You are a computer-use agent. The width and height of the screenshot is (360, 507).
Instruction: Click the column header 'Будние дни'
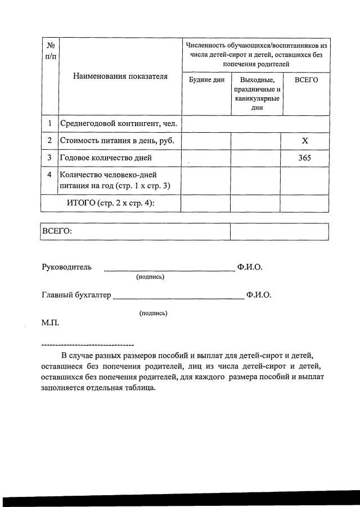[x=206, y=80]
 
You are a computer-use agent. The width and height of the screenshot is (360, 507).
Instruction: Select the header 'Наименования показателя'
[x=120, y=77]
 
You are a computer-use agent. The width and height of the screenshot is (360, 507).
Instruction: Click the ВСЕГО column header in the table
[x=306, y=80]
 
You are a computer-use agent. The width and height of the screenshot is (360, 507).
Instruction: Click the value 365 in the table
[x=305, y=158]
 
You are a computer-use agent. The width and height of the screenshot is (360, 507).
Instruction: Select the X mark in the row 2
[x=305, y=141]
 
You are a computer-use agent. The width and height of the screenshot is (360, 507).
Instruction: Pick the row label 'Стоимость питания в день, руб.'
[x=116, y=141]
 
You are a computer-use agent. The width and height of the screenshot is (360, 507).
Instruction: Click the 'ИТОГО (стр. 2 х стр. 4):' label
[x=110, y=203]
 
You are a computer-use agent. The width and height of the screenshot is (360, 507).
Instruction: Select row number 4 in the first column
[x=49, y=175]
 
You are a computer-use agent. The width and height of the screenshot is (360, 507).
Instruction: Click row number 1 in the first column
[x=49, y=123]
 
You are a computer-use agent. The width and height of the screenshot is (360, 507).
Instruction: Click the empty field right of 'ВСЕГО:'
[x=279, y=231]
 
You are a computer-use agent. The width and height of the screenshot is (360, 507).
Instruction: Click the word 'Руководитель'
[x=66, y=267]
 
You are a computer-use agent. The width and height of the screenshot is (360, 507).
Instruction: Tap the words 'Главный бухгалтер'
[x=76, y=295]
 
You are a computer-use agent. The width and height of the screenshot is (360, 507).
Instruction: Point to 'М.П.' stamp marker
[x=50, y=323]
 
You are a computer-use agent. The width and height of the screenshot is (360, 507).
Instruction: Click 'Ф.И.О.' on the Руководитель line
[x=250, y=267]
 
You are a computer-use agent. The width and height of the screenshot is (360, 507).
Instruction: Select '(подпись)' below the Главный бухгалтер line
[x=153, y=313]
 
